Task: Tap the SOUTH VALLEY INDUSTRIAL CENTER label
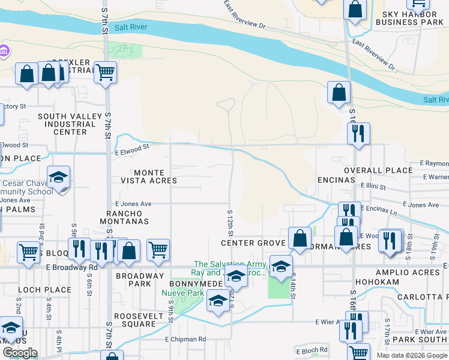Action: (66, 124)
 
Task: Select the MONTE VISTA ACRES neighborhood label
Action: (147, 176)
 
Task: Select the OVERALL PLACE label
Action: (378, 170)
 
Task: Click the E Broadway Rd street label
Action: (71, 267)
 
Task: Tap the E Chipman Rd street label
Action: (185, 339)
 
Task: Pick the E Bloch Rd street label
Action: (312, 350)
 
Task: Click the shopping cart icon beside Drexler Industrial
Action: (105, 72)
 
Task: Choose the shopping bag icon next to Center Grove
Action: (300, 238)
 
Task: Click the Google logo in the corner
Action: (19, 353)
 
